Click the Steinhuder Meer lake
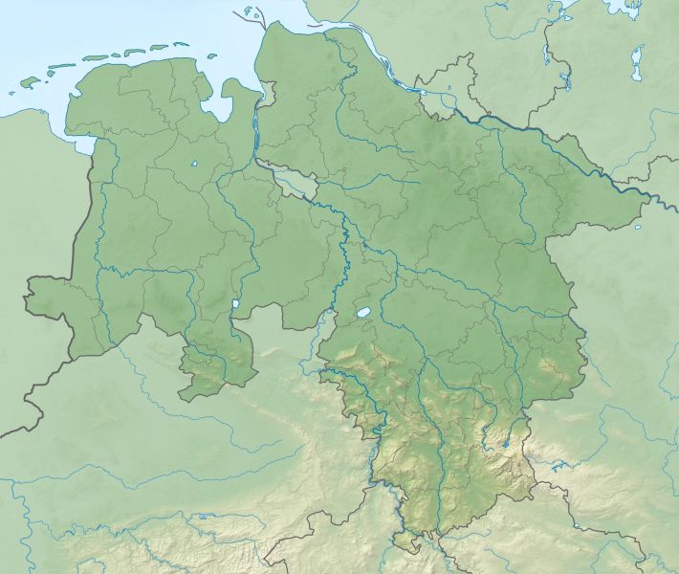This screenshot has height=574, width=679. pyautogui.click(x=363, y=313)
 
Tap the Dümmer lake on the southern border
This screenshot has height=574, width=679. pyautogui.click(x=236, y=307)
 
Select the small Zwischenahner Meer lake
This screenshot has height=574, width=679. pyautogui.click(x=193, y=164)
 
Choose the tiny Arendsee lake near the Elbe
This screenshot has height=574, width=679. pyautogui.click(x=638, y=227)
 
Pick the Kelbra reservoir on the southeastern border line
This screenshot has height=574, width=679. pyautogui.click(x=576, y=525)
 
